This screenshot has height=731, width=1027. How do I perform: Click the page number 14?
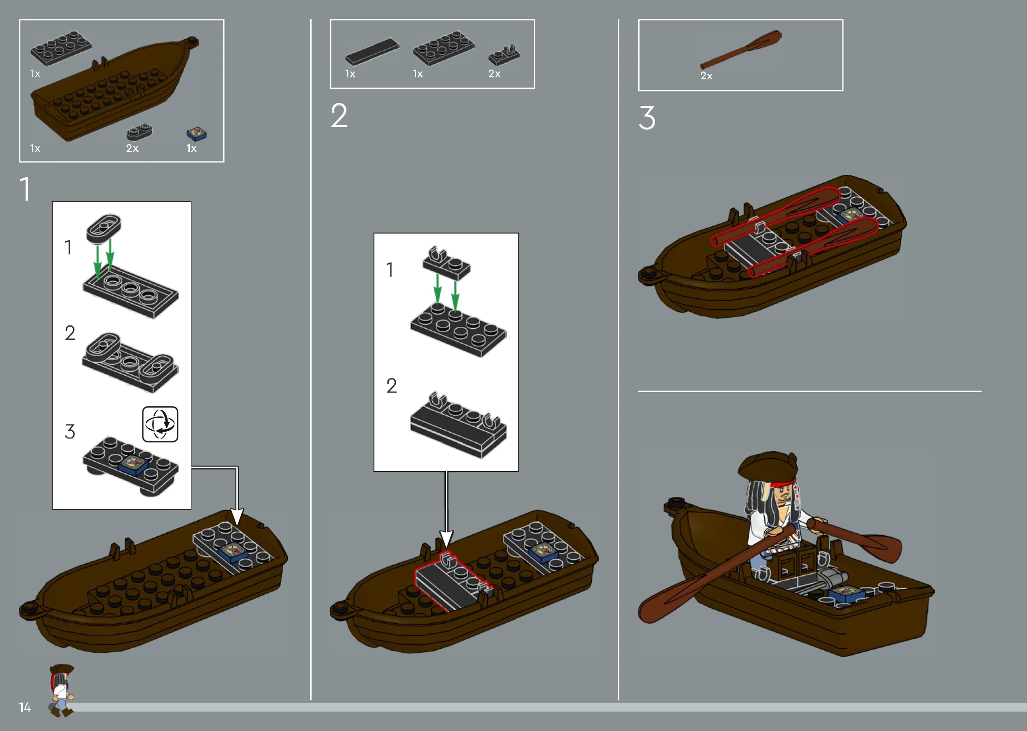pyautogui.click(x=25, y=707)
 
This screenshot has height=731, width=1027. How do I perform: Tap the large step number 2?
pyautogui.click(x=339, y=116)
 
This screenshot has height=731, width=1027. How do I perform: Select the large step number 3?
pyautogui.click(x=647, y=117)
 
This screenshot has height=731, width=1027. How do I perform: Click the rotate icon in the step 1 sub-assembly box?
pyautogui.click(x=160, y=424)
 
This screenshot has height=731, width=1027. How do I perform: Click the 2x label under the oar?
pyautogui.click(x=706, y=76)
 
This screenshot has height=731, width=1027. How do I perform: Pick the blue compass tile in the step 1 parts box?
pyautogui.click(x=197, y=133)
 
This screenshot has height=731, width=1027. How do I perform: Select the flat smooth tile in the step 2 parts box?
pyautogui.click(x=372, y=51)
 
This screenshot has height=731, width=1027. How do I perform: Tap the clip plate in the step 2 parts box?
pyautogui.click(x=504, y=55)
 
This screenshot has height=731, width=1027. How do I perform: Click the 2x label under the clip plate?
pyautogui.click(x=494, y=74)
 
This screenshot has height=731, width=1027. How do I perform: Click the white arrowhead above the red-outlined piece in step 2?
pyautogui.click(x=446, y=539)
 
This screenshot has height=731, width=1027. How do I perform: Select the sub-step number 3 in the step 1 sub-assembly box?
pyautogui.click(x=70, y=431)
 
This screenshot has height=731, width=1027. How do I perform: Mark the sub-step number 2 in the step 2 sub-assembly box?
pyautogui.click(x=391, y=385)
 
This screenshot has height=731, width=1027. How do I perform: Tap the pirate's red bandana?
pyautogui.click(x=783, y=482)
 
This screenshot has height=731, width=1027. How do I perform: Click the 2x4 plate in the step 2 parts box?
pyautogui.click(x=444, y=48)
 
